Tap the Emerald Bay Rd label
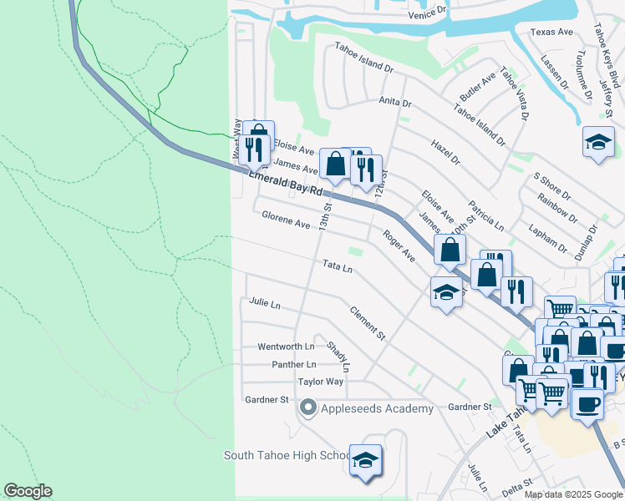tap(286, 183)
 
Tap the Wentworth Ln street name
tap(286, 347)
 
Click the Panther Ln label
tap(294, 365)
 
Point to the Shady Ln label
tap(338, 357)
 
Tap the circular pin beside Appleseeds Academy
tap(307, 408)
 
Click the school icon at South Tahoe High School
tap(365, 460)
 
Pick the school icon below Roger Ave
tap(446, 293)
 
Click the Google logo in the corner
tap(28, 491)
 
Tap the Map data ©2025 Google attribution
tap(572, 494)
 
